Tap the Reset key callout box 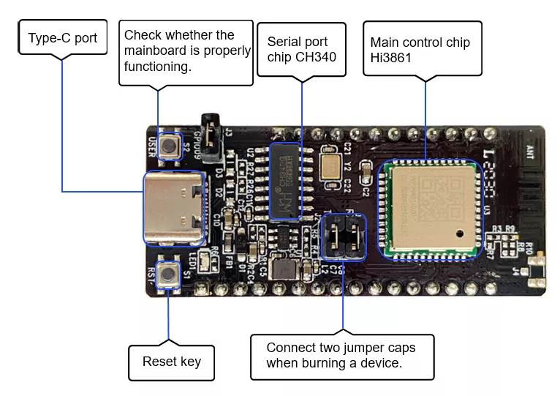point(171,361)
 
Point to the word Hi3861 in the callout point(390,58)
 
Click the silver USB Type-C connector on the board point(175,207)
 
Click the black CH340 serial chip point(284,182)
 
